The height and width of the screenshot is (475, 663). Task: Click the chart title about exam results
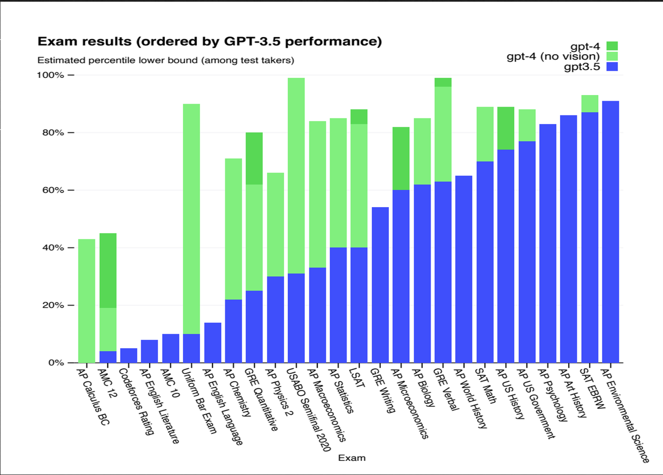click(x=209, y=42)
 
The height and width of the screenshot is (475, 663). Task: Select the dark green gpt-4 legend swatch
click(x=612, y=46)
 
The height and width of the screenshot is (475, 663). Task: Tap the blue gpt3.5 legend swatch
click(x=612, y=66)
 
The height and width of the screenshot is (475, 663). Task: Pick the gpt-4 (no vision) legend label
click(x=553, y=57)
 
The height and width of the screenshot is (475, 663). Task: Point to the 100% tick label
click(x=50, y=75)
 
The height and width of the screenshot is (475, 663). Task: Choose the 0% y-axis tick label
click(x=56, y=362)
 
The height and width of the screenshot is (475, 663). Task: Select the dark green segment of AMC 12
click(x=108, y=270)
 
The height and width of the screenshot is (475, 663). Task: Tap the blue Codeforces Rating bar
click(x=129, y=355)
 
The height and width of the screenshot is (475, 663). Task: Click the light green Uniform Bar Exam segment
click(x=191, y=218)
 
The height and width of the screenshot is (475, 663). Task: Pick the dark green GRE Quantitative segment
click(x=254, y=158)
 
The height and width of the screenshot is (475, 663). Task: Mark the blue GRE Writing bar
click(x=380, y=285)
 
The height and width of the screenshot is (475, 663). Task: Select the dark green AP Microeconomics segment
click(x=401, y=158)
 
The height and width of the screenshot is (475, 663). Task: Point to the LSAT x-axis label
click(x=357, y=378)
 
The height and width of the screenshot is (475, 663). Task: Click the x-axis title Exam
click(x=351, y=458)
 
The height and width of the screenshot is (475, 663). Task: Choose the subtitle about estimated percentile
click(x=166, y=60)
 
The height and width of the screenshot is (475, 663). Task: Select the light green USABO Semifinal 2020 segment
click(x=296, y=175)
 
